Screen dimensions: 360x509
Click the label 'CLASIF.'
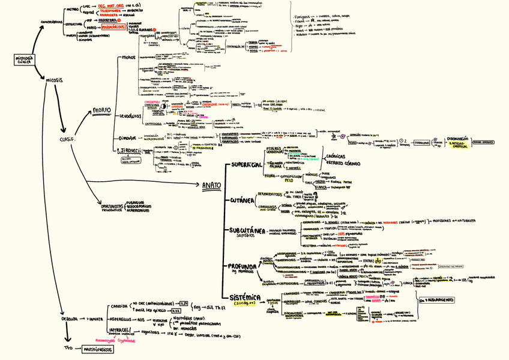tap(67, 139)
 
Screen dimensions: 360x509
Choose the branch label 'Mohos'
tap(128, 59)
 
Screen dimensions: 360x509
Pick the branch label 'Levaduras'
tap(130, 116)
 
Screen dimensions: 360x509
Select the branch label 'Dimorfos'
tap(128, 138)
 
